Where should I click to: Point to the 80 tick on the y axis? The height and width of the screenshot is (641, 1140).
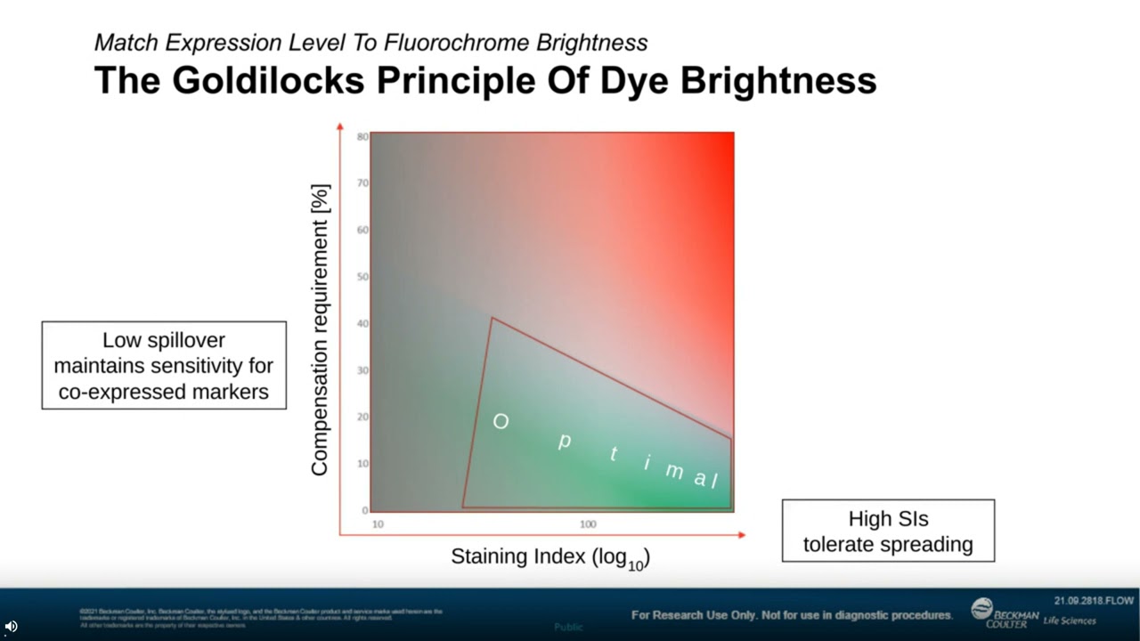point(362,137)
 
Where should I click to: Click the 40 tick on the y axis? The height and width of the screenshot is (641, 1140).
point(362,324)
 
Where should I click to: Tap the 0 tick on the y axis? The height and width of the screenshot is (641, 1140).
point(365,510)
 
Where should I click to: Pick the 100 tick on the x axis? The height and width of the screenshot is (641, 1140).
point(588,524)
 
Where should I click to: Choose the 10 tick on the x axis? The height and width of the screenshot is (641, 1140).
point(378,524)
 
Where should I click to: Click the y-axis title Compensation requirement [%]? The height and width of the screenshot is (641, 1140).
point(320,329)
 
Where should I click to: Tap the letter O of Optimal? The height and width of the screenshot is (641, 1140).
point(501,422)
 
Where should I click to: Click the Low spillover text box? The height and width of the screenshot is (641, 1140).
point(164,365)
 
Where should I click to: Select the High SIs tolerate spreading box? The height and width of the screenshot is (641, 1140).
point(888,531)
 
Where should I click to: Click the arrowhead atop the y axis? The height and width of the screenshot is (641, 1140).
point(339,127)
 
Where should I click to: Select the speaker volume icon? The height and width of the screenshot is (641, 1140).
point(11,626)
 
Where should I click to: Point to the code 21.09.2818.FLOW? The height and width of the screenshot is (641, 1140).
point(1094,601)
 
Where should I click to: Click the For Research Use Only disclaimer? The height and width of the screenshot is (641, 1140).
point(791,615)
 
